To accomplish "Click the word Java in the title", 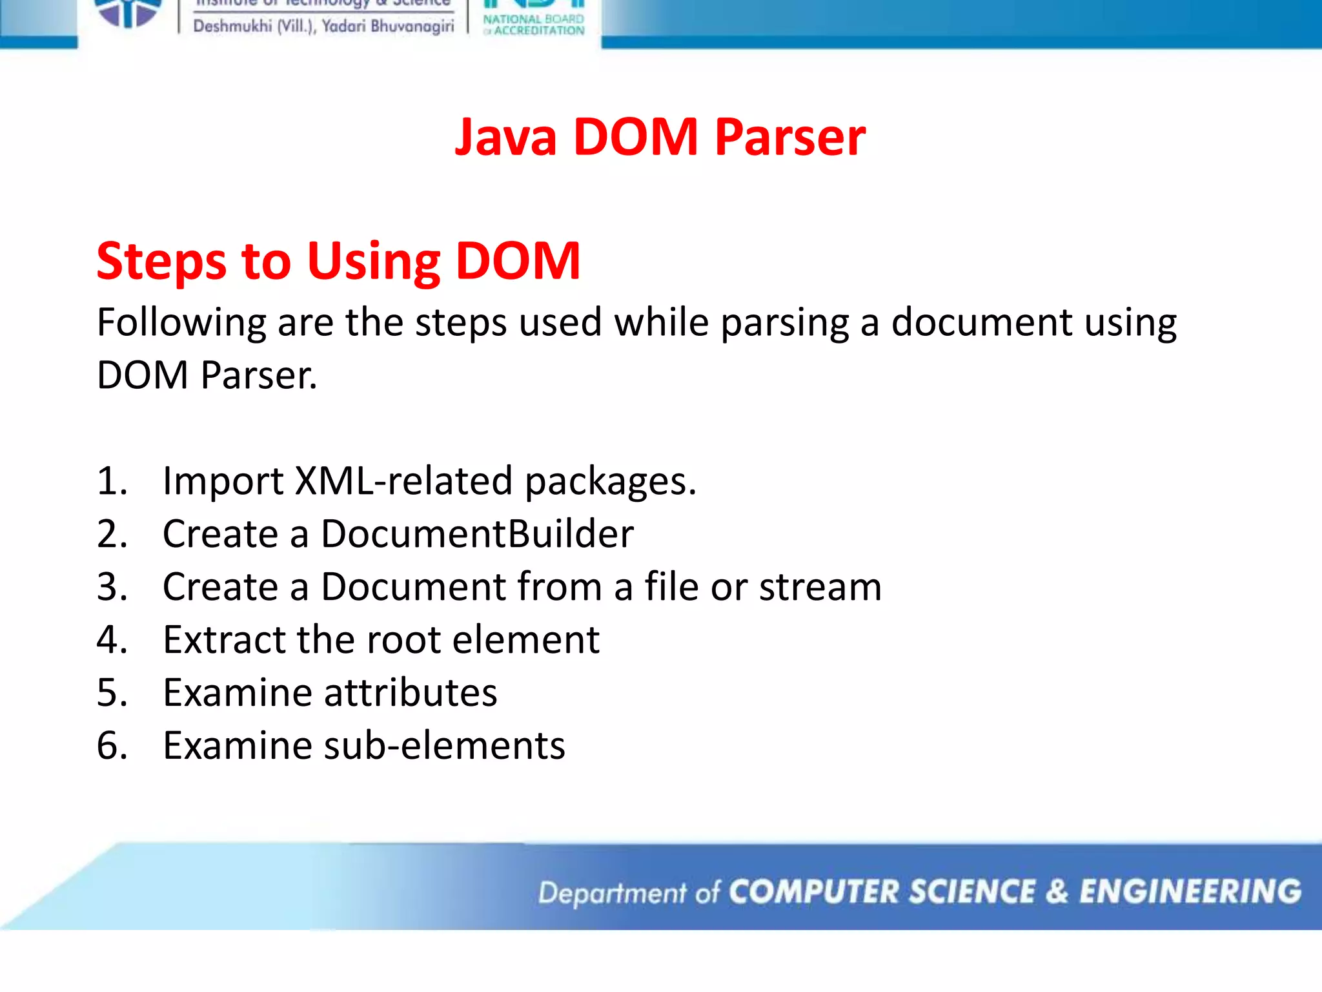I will click(505, 138).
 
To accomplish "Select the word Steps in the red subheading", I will click(161, 262).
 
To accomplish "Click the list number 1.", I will click(112, 481).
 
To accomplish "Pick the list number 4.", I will click(112, 640).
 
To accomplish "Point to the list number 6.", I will click(112, 746).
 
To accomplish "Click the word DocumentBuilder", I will click(477, 534).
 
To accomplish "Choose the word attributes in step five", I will click(410, 693).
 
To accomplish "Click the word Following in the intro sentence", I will click(181, 323).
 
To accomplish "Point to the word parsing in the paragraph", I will click(784, 323).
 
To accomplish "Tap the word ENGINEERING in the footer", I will click(1190, 892).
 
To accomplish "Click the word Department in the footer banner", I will click(612, 893).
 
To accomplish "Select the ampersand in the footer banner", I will click(1057, 892).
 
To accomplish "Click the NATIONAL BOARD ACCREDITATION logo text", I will click(534, 25).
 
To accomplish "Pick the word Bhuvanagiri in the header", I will click(412, 26).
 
